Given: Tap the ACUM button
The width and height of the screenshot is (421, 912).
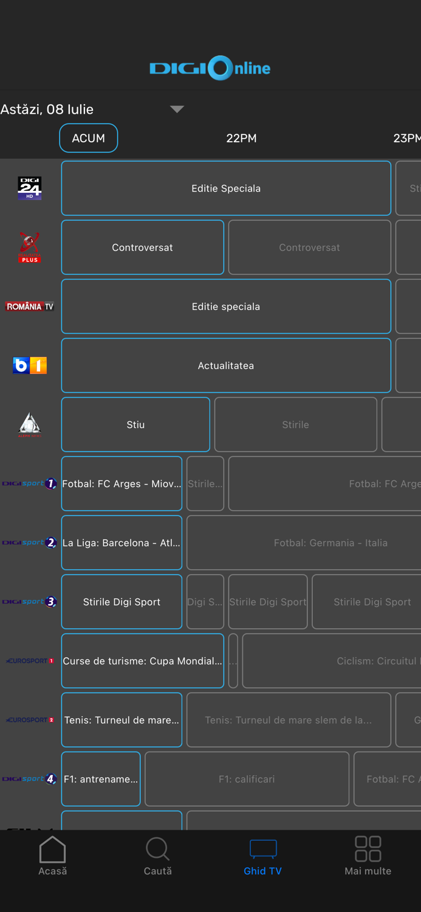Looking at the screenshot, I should pos(89,138).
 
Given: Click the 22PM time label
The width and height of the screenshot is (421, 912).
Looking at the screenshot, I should pos(241,138).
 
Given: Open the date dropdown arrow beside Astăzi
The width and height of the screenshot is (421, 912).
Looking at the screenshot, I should pos(177,109).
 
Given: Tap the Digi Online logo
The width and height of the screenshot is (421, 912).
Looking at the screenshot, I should pos(210,68).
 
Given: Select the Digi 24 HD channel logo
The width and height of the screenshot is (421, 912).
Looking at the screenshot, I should pos(29,188).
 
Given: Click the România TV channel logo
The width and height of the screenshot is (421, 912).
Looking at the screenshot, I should pos(30,306).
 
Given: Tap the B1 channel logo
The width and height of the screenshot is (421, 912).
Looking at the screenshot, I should pos(30,365).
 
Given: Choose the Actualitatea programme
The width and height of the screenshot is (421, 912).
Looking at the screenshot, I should pos(226,365).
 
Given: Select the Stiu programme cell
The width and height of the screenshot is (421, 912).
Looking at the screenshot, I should pos(135,424).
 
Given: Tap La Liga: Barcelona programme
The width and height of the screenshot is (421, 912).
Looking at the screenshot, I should pos(122,543).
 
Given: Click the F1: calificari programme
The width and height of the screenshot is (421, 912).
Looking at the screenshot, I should pos(247,779).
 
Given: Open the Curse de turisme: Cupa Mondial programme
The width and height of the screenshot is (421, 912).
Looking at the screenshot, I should pos(143,661).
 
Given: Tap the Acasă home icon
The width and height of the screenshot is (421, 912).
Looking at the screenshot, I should pos(52,849).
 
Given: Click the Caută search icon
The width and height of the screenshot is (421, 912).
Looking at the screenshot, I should pos(157,849).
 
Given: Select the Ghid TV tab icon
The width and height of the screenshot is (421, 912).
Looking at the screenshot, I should pos(263,849).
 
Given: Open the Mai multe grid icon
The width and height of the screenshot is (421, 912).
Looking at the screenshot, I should pos(368,849).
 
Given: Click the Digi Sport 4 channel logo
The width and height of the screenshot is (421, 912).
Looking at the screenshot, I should pos(30,779).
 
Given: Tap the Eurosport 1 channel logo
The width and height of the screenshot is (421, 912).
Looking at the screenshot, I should pos(30,661).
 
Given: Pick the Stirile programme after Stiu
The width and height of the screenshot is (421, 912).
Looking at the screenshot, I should pos(295,424).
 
